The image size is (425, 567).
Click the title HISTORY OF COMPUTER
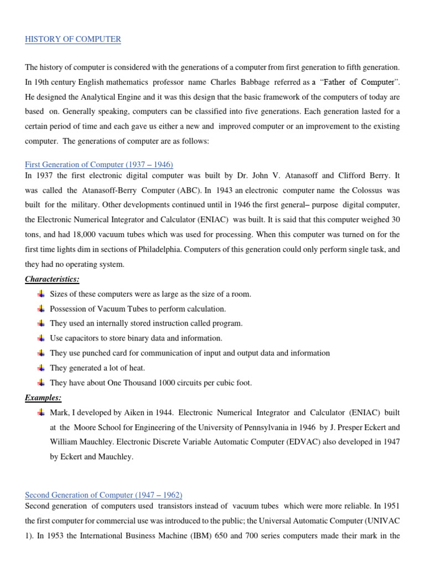[x=73, y=39]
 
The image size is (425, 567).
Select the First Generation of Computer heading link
[x=99, y=164]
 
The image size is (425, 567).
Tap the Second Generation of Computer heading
[x=103, y=494]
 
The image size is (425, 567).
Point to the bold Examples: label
[x=43, y=398]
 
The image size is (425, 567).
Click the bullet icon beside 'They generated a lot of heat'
[x=42, y=368]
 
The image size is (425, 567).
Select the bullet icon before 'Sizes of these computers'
[x=42, y=293]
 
